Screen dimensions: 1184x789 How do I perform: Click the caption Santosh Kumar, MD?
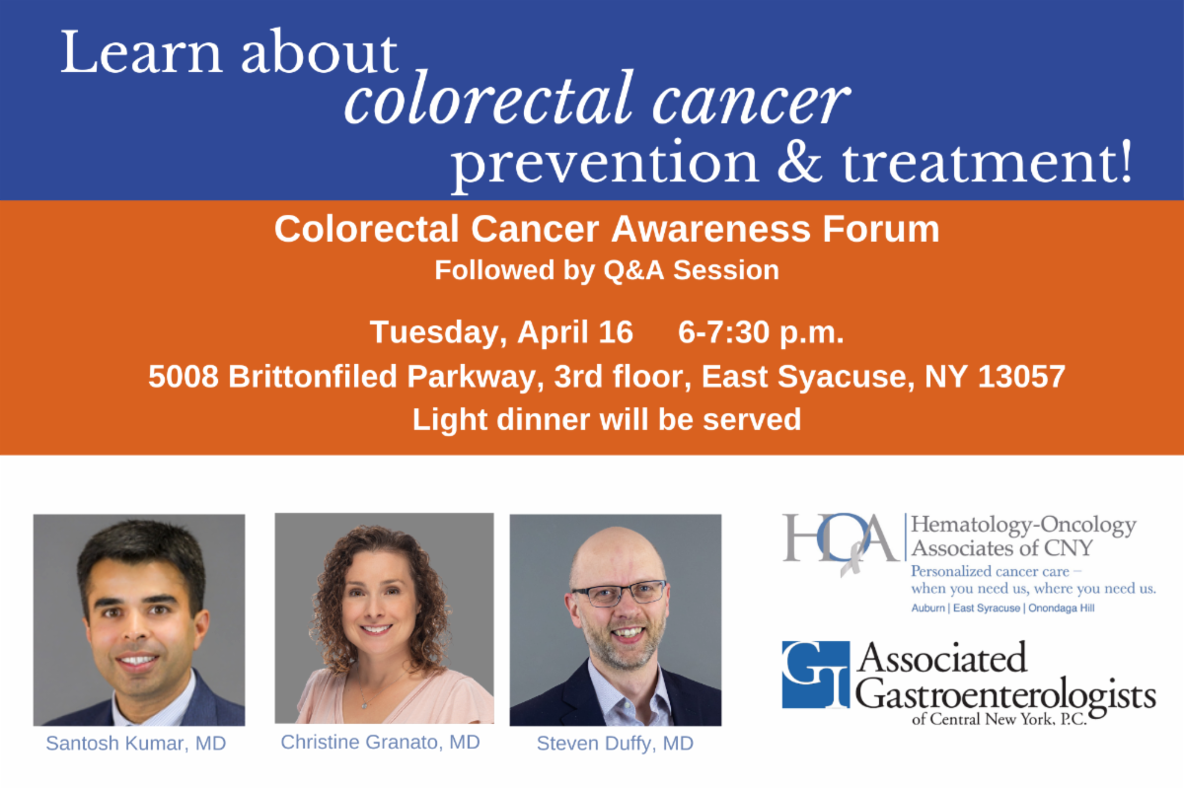[x=136, y=743]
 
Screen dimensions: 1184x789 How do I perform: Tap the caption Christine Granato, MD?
[x=380, y=742]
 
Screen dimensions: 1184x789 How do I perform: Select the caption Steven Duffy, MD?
[x=615, y=744]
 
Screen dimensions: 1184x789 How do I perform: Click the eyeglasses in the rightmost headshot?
[x=620, y=593]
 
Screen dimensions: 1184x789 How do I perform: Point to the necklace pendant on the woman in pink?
[x=364, y=704]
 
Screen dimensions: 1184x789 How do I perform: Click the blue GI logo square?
[x=816, y=675]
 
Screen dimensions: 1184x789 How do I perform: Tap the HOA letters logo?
[x=841, y=541]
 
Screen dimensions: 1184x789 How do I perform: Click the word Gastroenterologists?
[x=1005, y=696]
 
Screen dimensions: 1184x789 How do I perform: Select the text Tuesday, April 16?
[x=501, y=333]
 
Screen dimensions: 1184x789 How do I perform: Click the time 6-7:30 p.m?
[x=761, y=333]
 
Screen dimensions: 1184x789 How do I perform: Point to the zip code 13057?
[x=1021, y=377]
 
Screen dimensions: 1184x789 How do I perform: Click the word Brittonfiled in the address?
[x=313, y=377]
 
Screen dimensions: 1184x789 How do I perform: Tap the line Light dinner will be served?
[x=606, y=419]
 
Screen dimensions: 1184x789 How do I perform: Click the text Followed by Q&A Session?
[x=607, y=270]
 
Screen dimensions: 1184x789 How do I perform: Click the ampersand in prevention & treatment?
[x=800, y=163]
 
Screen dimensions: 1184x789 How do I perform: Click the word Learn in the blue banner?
[x=140, y=52]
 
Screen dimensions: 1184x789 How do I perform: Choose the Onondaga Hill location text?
[x=1061, y=609]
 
